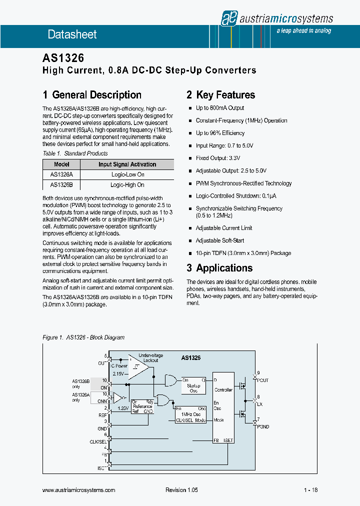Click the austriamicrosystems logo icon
(228, 18)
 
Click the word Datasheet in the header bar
(72, 34)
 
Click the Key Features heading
(225, 95)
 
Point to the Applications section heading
(224, 268)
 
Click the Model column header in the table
(61, 164)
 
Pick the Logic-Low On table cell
(127, 174)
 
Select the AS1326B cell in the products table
(61, 184)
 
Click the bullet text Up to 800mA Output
(220, 108)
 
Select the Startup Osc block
(193, 385)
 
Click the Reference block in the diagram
(142, 406)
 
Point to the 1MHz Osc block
(191, 414)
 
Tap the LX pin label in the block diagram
(260, 402)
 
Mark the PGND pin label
(262, 426)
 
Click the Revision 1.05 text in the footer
(181, 490)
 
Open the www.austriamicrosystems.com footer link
(79, 490)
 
